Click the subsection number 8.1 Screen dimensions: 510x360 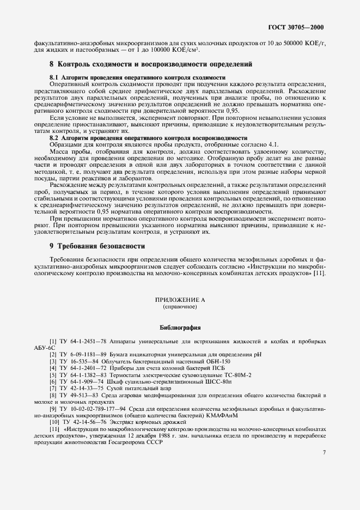(54, 78)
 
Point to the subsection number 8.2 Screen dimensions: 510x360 (54, 138)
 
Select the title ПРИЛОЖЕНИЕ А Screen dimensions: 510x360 (180, 300)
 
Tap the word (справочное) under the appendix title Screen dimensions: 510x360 (180, 307)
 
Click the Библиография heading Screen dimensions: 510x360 (180, 329)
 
